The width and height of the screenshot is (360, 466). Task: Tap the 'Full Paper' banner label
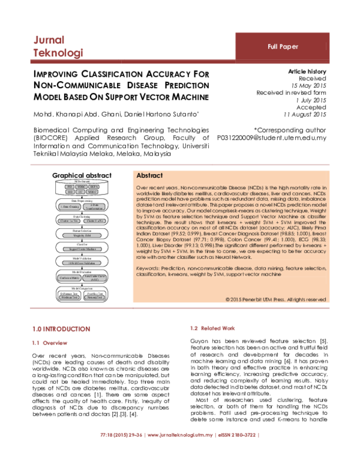point(283,46)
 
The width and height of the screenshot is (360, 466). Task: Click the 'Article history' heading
point(307,71)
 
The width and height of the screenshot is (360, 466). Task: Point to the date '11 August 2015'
point(304,114)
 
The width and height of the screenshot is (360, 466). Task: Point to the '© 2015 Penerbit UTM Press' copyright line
point(276,298)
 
